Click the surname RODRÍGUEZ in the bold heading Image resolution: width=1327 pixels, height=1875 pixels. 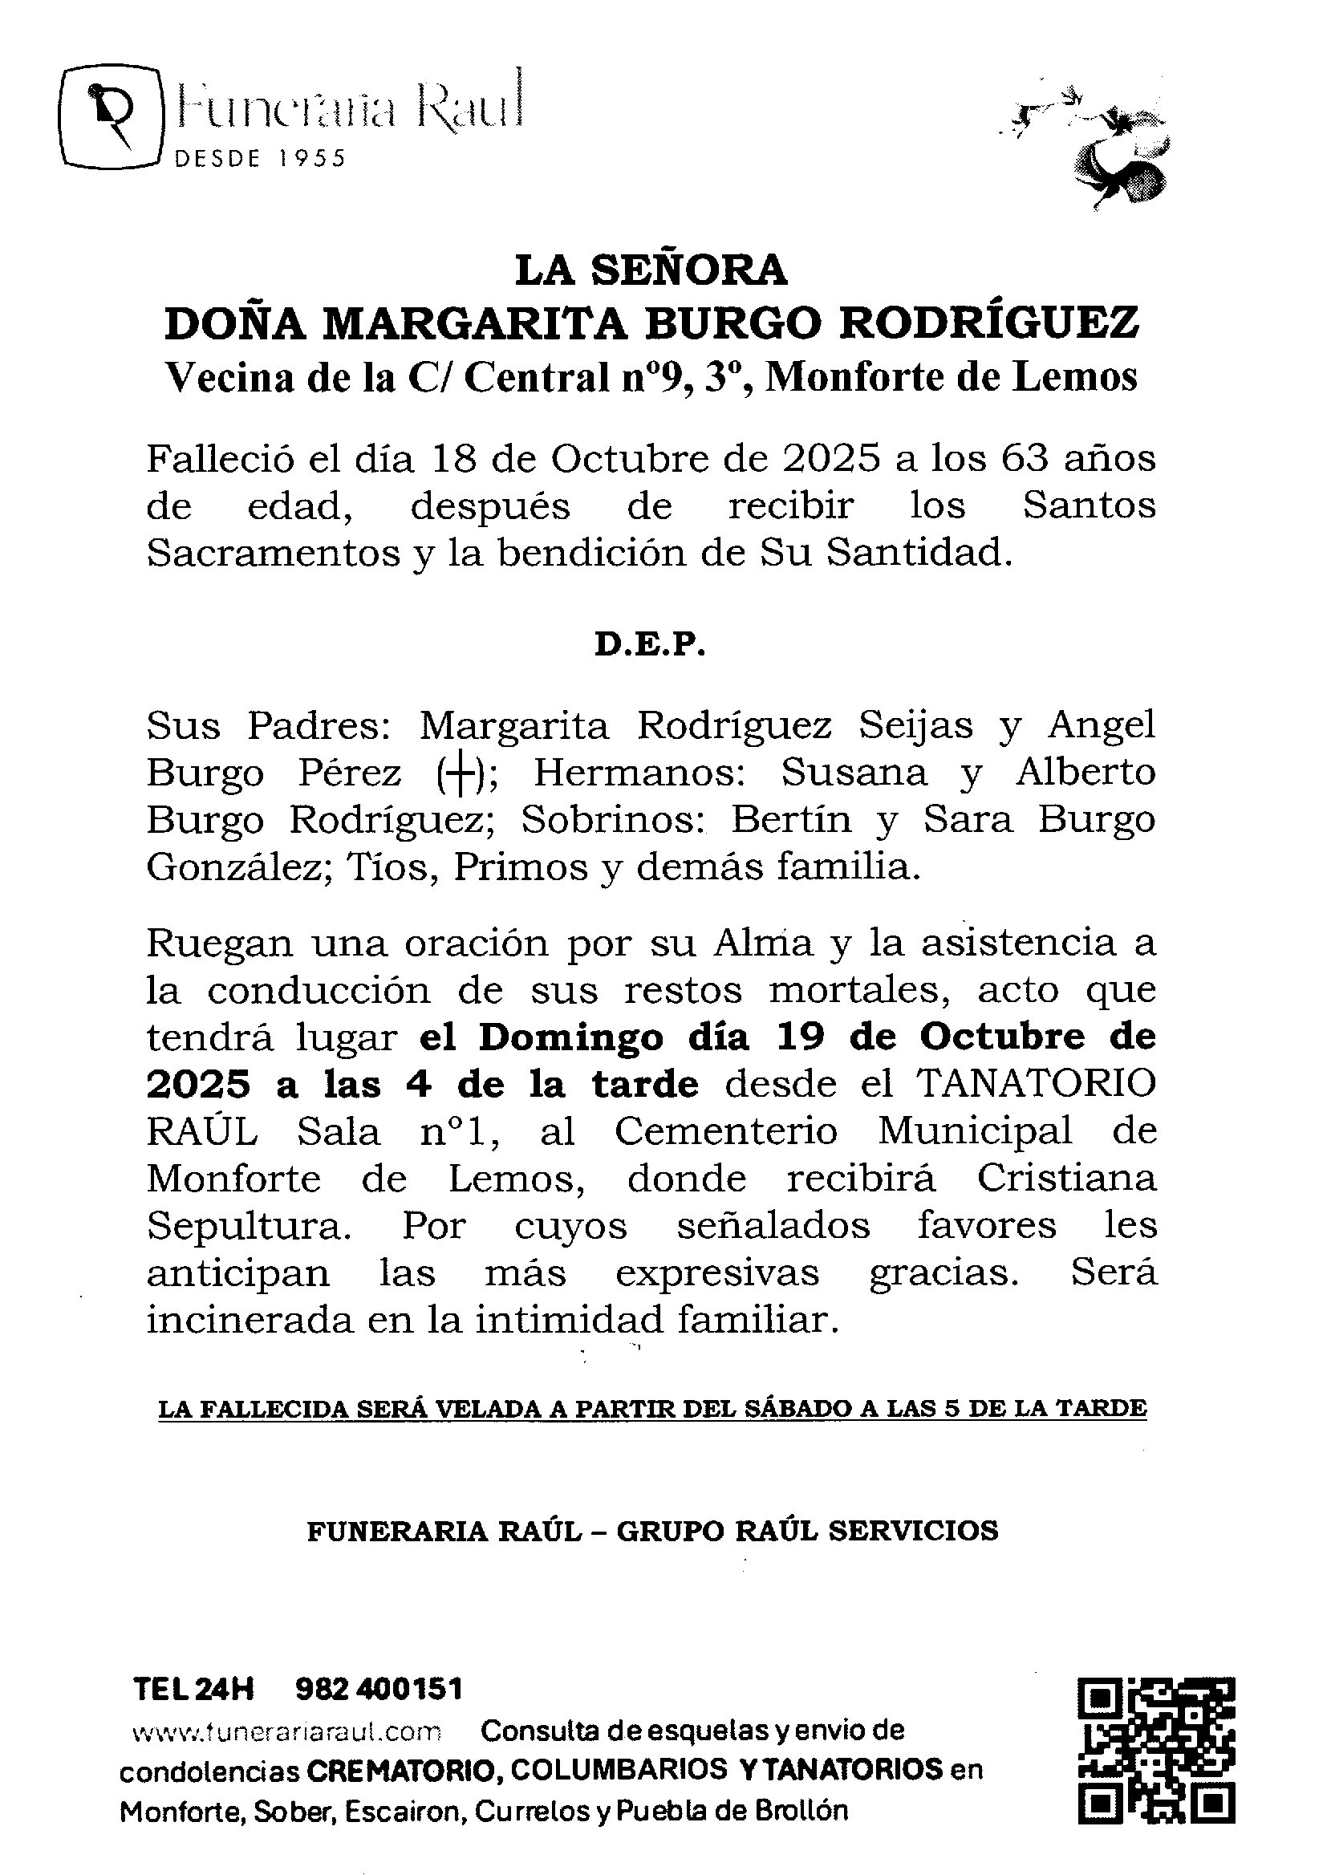tap(989, 323)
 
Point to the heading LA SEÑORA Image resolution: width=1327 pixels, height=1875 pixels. tap(651, 270)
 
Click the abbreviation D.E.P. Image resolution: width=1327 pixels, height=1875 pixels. tap(650, 646)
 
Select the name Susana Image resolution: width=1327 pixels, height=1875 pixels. tap(854, 773)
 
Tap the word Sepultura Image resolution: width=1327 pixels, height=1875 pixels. tap(246, 1226)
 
